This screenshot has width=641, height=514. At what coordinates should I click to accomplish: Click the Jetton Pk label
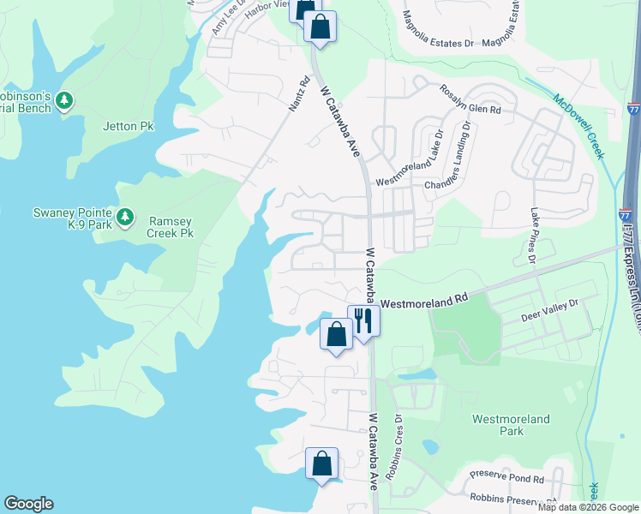click(129, 126)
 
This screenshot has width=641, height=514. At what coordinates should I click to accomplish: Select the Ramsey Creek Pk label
click(170, 226)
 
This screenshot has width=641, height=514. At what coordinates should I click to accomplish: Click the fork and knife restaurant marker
click(363, 321)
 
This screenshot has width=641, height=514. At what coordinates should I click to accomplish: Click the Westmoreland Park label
click(498, 425)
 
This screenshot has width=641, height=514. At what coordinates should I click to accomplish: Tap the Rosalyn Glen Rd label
click(470, 99)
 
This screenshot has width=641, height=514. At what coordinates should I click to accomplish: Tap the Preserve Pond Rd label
click(507, 478)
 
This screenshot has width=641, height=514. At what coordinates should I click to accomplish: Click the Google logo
click(28, 504)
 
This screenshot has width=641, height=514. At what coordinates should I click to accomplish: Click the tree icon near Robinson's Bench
click(64, 101)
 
